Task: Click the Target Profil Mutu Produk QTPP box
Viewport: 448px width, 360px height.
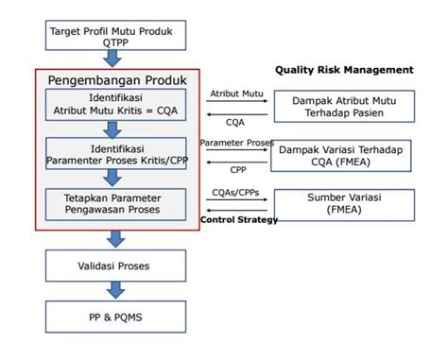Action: (x=115, y=35)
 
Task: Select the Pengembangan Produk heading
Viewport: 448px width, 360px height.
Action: (x=117, y=80)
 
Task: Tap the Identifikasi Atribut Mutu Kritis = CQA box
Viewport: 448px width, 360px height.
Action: (x=115, y=105)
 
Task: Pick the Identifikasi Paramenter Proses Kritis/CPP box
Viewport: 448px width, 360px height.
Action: (x=115, y=153)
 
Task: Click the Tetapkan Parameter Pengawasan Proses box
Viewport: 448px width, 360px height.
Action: (x=115, y=204)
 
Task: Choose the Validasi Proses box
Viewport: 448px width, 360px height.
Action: (x=115, y=266)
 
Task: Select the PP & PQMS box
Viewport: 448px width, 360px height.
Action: (x=115, y=317)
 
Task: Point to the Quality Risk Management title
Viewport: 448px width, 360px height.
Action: (x=344, y=70)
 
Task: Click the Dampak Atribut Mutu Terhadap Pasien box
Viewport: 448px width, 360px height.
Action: (x=344, y=107)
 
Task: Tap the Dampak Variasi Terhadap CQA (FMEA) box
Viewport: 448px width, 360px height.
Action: (x=341, y=156)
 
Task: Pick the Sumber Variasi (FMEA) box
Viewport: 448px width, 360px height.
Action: (x=344, y=205)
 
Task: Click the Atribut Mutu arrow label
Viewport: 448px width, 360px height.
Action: (x=236, y=94)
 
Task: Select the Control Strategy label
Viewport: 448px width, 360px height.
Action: (x=239, y=219)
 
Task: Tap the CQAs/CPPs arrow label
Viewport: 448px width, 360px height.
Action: (x=235, y=192)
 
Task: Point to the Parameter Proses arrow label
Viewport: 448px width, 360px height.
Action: (x=237, y=143)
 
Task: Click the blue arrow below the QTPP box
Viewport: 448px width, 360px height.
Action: (x=112, y=59)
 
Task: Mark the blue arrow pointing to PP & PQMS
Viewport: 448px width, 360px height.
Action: (x=115, y=290)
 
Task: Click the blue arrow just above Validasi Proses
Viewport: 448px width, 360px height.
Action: (x=115, y=239)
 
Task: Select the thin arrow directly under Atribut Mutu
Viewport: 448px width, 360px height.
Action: (x=237, y=101)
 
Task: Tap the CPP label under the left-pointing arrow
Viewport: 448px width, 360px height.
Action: (x=238, y=170)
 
